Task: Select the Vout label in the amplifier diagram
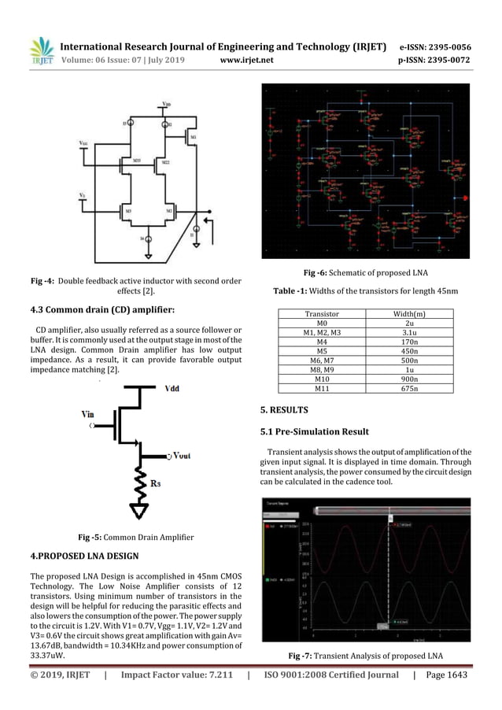179,456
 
